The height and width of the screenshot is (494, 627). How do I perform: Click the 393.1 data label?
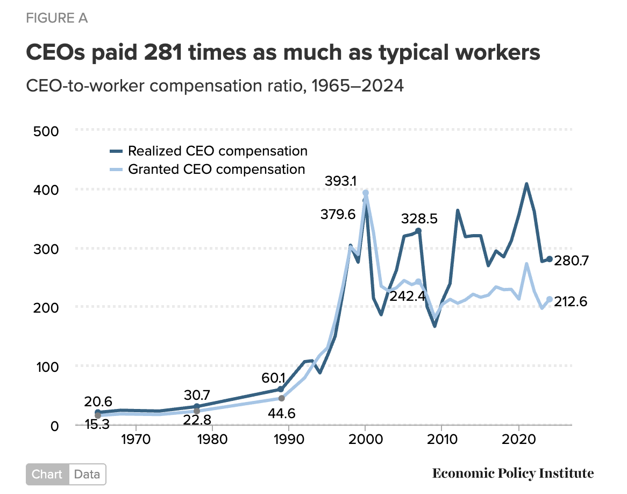click(340, 182)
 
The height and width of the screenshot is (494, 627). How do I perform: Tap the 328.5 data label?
click(419, 218)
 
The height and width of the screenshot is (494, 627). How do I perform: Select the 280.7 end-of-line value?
click(571, 261)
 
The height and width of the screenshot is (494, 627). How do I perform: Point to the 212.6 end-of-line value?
click(571, 301)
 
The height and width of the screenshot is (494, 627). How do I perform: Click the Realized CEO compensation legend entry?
click(217, 151)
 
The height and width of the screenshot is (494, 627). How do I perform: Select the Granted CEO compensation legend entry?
click(216, 169)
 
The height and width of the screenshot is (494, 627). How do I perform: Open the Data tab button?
click(87, 475)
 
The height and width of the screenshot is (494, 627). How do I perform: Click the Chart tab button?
click(47, 475)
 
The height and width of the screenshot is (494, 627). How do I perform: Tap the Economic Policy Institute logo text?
click(513, 474)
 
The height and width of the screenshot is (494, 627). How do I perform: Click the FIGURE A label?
click(56, 18)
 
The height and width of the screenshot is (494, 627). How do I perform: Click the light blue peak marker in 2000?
click(366, 193)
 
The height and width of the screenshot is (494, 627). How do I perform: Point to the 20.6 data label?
click(97, 401)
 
